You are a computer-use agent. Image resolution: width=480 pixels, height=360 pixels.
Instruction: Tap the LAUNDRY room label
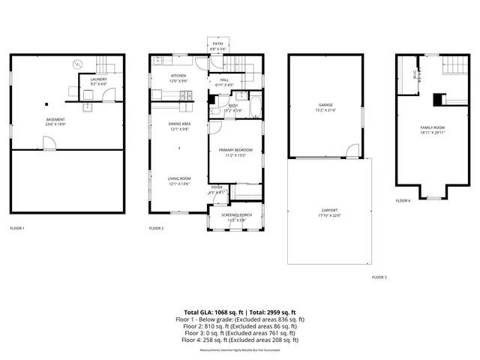point(99,79)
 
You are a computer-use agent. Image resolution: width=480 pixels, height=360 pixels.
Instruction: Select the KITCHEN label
point(178,76)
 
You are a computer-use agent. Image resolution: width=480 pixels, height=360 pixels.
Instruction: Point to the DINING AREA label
point(178,124)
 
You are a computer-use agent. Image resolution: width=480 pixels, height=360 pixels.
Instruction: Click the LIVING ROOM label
point(178,178)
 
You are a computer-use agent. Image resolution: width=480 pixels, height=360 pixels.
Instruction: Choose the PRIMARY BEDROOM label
point(235,150)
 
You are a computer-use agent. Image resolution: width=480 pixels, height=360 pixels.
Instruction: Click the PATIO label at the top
point(217,44)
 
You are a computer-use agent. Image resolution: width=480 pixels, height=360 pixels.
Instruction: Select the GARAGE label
point(325,105)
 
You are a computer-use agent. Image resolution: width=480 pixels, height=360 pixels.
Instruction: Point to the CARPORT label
point(330,211)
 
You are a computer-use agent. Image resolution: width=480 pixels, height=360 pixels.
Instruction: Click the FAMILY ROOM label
point(433,128)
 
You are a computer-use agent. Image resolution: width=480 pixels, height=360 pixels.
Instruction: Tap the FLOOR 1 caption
point(17,228)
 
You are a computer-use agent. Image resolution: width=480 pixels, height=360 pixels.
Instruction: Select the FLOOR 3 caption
point(379,277)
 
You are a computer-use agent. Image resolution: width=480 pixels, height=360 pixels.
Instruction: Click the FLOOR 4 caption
point(403,201)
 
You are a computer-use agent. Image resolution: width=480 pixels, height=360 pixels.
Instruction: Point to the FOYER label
point(217,187)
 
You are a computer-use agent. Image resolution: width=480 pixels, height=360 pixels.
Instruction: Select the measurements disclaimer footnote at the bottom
point(240,350)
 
